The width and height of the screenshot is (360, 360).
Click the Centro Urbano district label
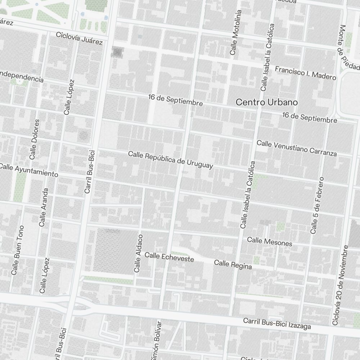266,102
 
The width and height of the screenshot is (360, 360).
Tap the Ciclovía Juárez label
79,39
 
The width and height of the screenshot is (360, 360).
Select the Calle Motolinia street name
236,32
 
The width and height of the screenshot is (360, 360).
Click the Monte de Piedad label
347,47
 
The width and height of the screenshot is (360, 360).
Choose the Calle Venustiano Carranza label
297,148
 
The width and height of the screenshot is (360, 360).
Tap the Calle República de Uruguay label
171,160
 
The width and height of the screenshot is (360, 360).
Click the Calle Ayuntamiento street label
29,170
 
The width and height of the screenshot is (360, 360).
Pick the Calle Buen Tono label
18,250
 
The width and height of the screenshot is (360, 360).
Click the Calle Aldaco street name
139,253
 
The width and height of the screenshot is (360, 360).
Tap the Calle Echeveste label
169,257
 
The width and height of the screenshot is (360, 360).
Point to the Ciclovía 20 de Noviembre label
340,285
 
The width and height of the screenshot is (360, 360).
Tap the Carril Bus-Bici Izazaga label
277,323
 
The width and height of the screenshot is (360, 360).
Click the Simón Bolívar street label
157,340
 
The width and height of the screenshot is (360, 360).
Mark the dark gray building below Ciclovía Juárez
117,52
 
